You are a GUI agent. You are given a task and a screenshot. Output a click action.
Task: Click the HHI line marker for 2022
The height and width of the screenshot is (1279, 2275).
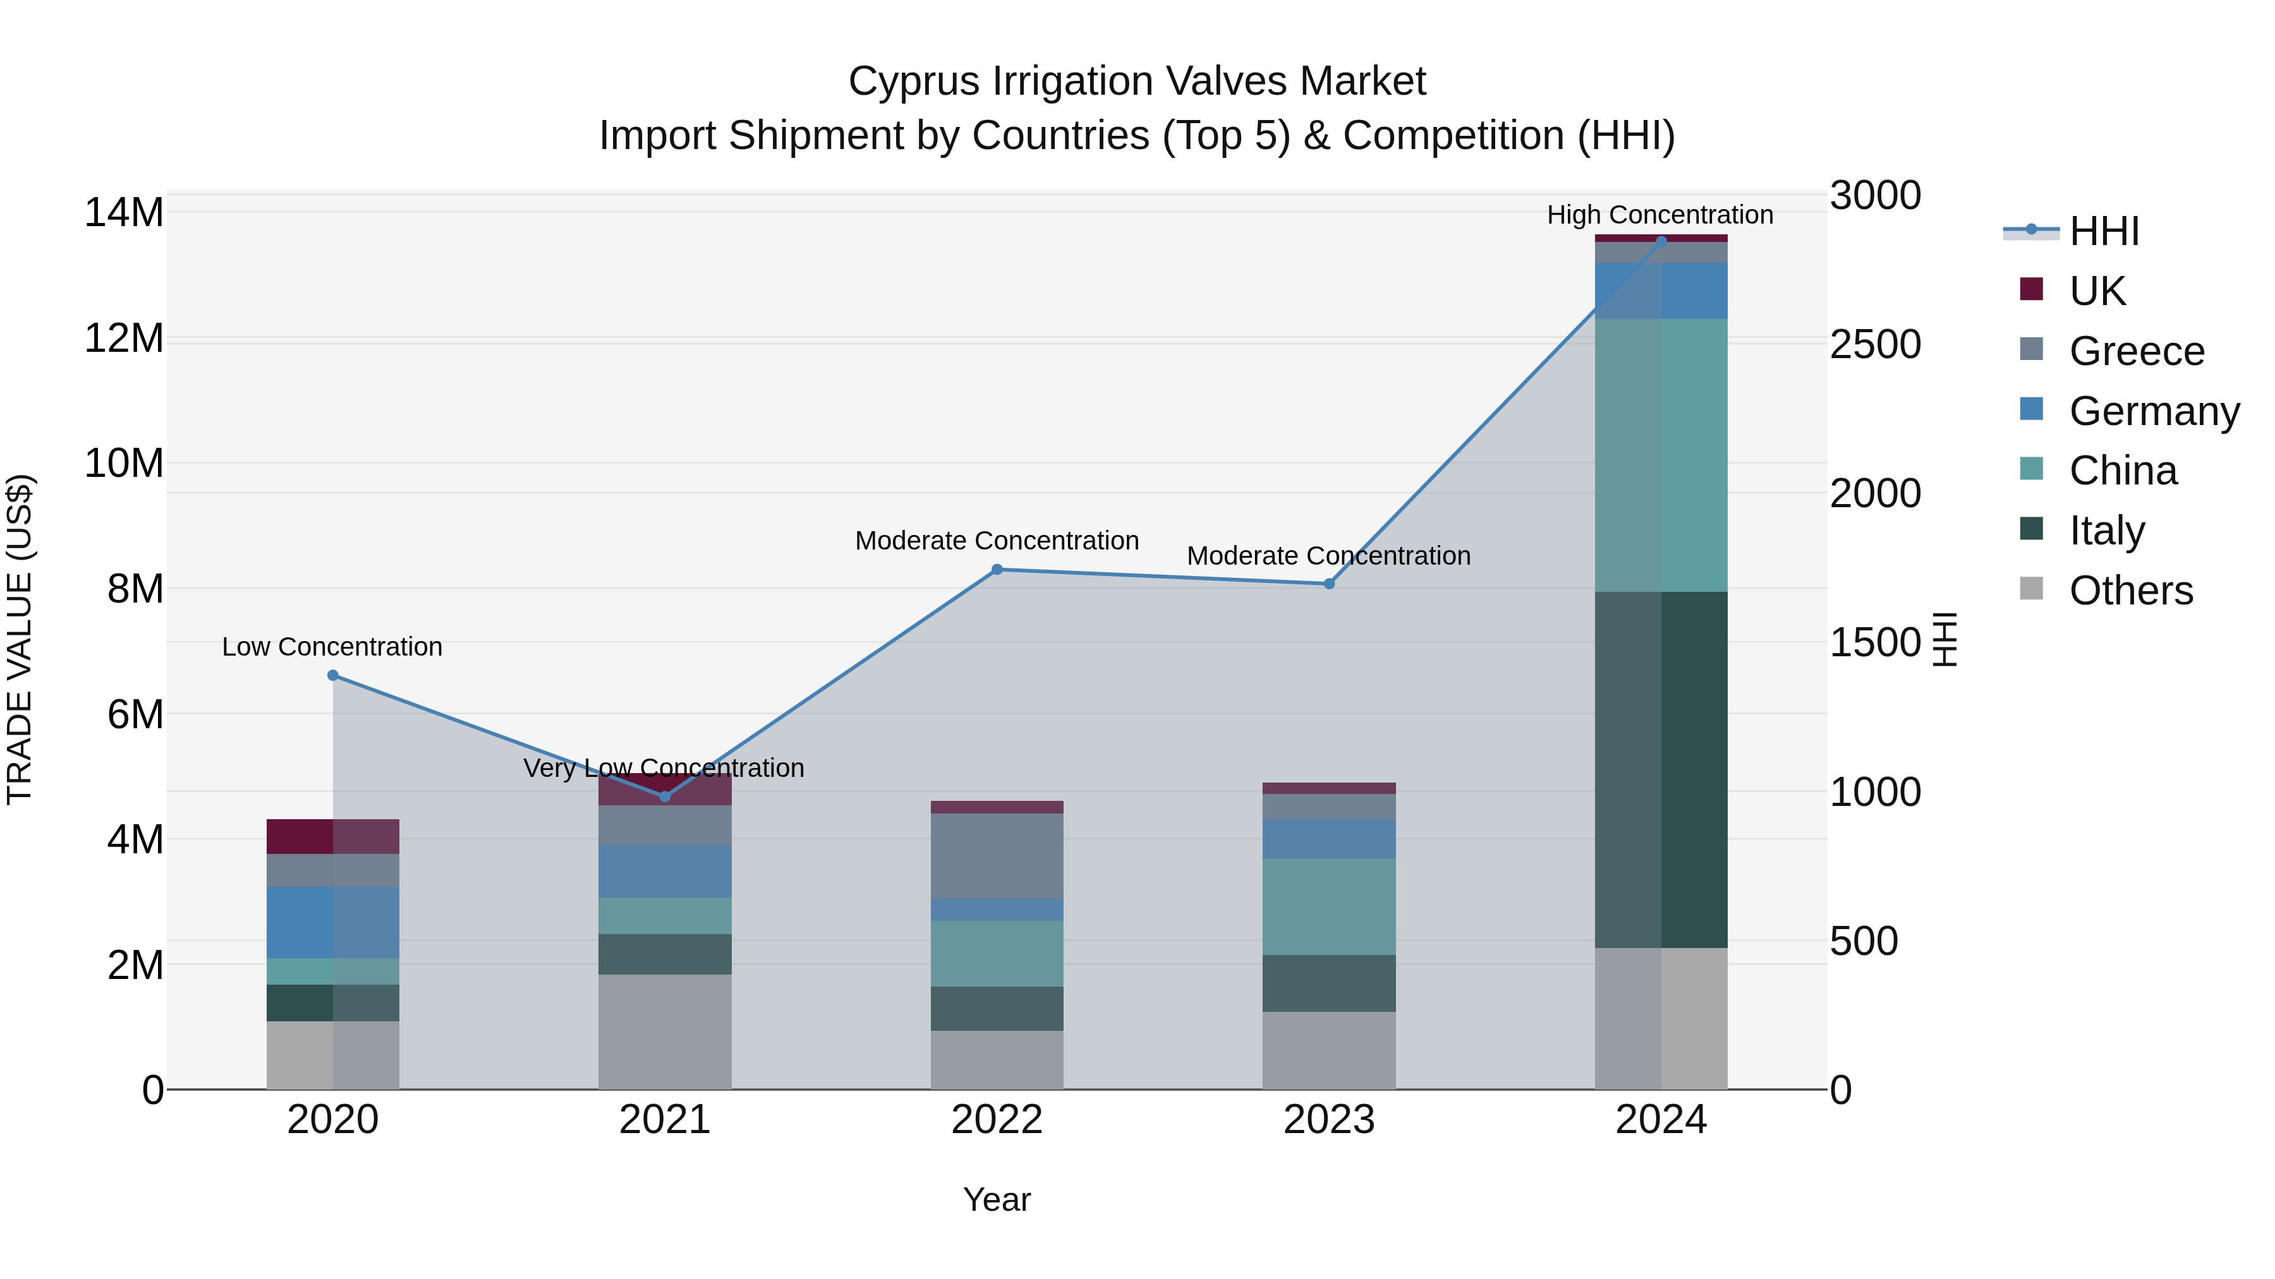click(997, 569)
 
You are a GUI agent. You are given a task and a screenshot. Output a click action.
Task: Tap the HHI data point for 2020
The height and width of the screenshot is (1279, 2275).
click(333, 675)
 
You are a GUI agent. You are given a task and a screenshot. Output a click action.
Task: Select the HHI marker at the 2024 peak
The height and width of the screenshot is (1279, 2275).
click(1661, 241)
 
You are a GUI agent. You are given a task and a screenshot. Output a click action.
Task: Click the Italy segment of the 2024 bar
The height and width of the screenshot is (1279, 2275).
click(1661, 770)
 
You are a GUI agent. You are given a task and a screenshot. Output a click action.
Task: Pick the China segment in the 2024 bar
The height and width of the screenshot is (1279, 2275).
click(1661, 455)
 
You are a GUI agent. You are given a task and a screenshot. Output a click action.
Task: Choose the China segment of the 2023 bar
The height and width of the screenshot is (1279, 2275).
click(1329, 906)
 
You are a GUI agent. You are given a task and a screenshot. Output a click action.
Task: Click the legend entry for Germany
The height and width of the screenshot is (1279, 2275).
click(2153, 411)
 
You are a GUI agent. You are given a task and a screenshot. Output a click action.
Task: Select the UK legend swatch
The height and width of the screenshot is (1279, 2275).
click(2031, 289)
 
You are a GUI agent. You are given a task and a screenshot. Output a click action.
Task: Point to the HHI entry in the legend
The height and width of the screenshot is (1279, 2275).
click(2104, 231)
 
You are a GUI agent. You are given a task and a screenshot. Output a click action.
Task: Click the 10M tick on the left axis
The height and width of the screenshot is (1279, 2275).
click(124, 464)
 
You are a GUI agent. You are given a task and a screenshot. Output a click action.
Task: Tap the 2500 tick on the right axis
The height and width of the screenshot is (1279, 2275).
click(1875, 344)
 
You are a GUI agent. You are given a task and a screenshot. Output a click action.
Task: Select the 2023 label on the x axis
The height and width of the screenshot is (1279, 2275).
click(1329, 1120)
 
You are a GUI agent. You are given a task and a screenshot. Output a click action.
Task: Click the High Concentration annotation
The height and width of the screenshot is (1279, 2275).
click(1659, 215)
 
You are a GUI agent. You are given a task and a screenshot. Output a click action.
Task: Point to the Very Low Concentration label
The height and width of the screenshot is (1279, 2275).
click(664, 768)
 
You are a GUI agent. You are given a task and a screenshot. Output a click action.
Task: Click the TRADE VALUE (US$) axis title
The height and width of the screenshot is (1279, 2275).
click(20, 639)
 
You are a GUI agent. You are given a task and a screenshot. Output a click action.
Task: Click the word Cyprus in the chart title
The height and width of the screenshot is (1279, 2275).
click(914, 81)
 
